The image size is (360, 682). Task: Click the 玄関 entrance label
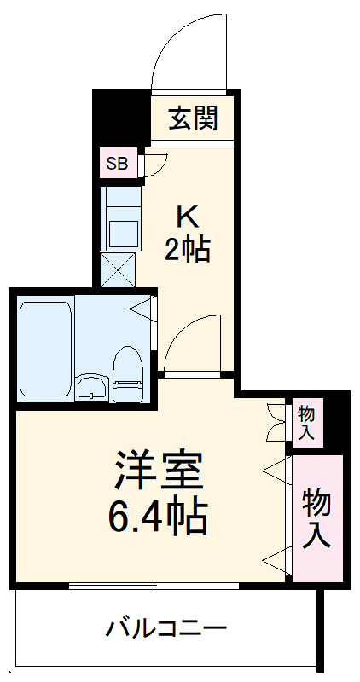click(192, 119)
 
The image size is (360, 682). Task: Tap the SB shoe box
click(116, 163)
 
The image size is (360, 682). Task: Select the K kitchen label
click(187, 214)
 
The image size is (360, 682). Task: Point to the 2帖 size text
click(187, 251)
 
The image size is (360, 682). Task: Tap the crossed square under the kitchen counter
click(117, 271)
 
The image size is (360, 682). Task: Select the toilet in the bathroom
click(127, 375)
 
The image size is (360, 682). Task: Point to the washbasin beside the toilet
click(90, 388)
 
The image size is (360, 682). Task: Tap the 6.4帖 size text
click(159, 513)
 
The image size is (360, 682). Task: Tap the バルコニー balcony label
click(166, 630)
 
